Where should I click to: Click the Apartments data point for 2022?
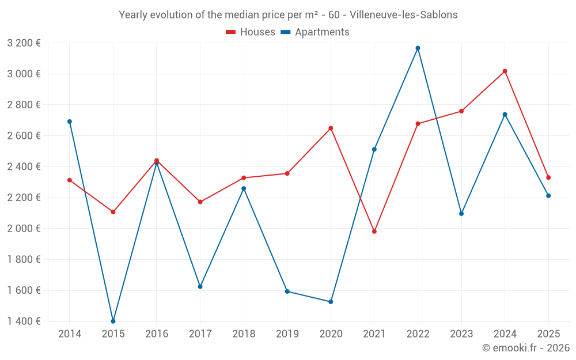pyautogui.click(x=418, y=48)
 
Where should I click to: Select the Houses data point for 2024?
pyautogui.click(x=505, y=71)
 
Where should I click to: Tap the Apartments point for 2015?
pyautogui.click(x=113, y=321)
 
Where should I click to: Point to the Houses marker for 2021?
pyautogui.click(x=374, y=232)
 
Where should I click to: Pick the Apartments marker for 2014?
pyautogui.click(x=70, y=122)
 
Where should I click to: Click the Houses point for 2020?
pyautogui.click(x=331, y=128)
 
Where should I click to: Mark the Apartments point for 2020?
pyautogui.click(x=331, y=302)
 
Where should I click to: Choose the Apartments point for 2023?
pyautogui.click(x=461, y=214)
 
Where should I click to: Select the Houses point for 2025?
pyautogui.click(x=548, y=177)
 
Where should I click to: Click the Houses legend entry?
pyautogui.click(x=251, y=32)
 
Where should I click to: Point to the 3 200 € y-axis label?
pyautogui.click(x=24, y=43)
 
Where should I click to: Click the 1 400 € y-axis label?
pyautogui.click(x=24, y=321)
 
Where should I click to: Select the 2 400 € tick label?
pyautogui.click(x=24, y=166)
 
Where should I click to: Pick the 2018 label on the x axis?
pyautogui.click(x=244, y=334)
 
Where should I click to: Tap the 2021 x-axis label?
pyautogui.click(x=374, y=334)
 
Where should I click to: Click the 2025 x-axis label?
pyautogui.click(x=548, y=334)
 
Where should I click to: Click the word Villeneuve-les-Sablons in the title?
pyautogui.click(x=403, y=15)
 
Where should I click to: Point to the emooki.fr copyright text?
pyautogui.click(x=526, y=348)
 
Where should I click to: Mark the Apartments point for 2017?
pyautogui.click(x=200, y=286)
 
